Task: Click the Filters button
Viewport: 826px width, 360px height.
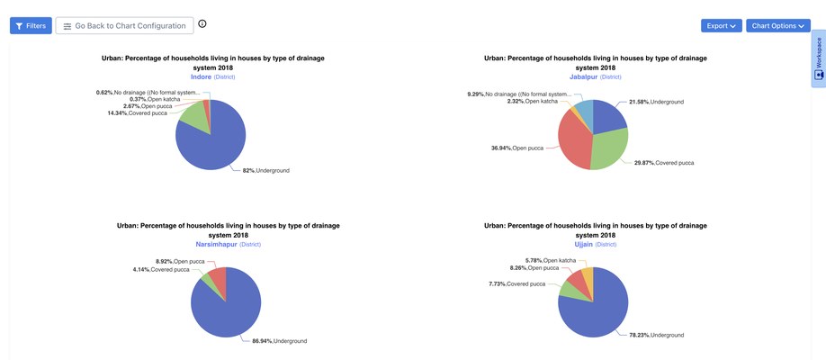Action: pyautogui.click(x=31, y=26)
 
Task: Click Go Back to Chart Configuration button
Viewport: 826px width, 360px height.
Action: pyautogui.click(x=124, y=26)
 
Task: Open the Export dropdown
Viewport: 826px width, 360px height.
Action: pyautogui.click(x=721, y=26)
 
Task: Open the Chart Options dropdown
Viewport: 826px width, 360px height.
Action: pyautogui.click(x=777, y=26)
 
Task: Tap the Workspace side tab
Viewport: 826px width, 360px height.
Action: pyautogui.click(x=818, y=58)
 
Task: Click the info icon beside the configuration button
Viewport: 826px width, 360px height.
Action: pyautogui.click(x=202, y=24)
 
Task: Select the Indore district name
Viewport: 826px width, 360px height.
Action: pyautogui.click(x=201, y=77)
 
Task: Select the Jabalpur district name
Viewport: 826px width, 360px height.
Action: pyautogui.click(x=583, y=77)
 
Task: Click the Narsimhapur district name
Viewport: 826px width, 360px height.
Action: pyautogui.click(x=216, y=245)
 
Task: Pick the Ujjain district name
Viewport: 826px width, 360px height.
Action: pyautogui.click(x=585, y=245)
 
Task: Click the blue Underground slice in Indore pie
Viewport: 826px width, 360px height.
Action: pyautogui.click(x=211, y=144)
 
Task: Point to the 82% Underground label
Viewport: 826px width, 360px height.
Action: pyautogui.click(x=266, y=170)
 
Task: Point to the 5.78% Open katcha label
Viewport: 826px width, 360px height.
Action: pyautogui.click(x=551, y=260)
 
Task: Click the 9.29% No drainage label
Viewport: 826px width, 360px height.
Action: pyautogui.click(x=518, y=94)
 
